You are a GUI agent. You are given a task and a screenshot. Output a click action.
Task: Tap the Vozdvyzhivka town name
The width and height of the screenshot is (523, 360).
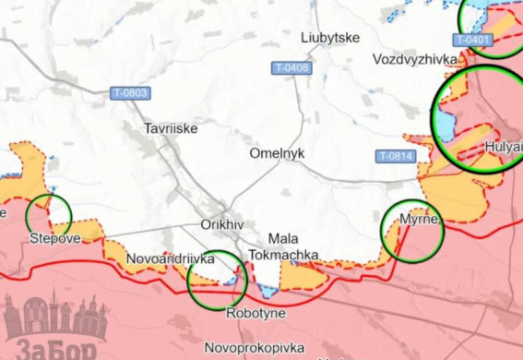416,59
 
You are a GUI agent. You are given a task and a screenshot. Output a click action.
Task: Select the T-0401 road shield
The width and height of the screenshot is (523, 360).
473,40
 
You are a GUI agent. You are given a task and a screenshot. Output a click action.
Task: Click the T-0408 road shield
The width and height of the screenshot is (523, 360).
291,68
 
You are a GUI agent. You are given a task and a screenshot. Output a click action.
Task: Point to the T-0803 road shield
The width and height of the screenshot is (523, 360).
129,93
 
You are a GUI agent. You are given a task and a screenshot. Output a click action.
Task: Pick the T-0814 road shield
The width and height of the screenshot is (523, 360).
395,156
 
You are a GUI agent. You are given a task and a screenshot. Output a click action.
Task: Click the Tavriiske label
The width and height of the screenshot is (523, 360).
171,129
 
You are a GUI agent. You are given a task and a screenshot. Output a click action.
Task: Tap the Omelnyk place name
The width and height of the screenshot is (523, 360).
277,153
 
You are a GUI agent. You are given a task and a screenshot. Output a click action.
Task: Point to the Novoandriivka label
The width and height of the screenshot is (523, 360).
171,259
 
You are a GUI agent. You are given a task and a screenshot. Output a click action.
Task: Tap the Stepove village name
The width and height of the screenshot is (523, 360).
54,238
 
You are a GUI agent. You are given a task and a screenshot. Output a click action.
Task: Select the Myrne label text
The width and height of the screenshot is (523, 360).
420,219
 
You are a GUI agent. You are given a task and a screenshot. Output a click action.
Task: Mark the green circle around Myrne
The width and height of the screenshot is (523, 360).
413,230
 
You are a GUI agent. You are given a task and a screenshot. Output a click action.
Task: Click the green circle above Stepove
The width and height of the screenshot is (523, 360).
49,215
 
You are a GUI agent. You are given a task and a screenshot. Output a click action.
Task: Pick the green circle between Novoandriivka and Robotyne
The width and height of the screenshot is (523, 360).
218,280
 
